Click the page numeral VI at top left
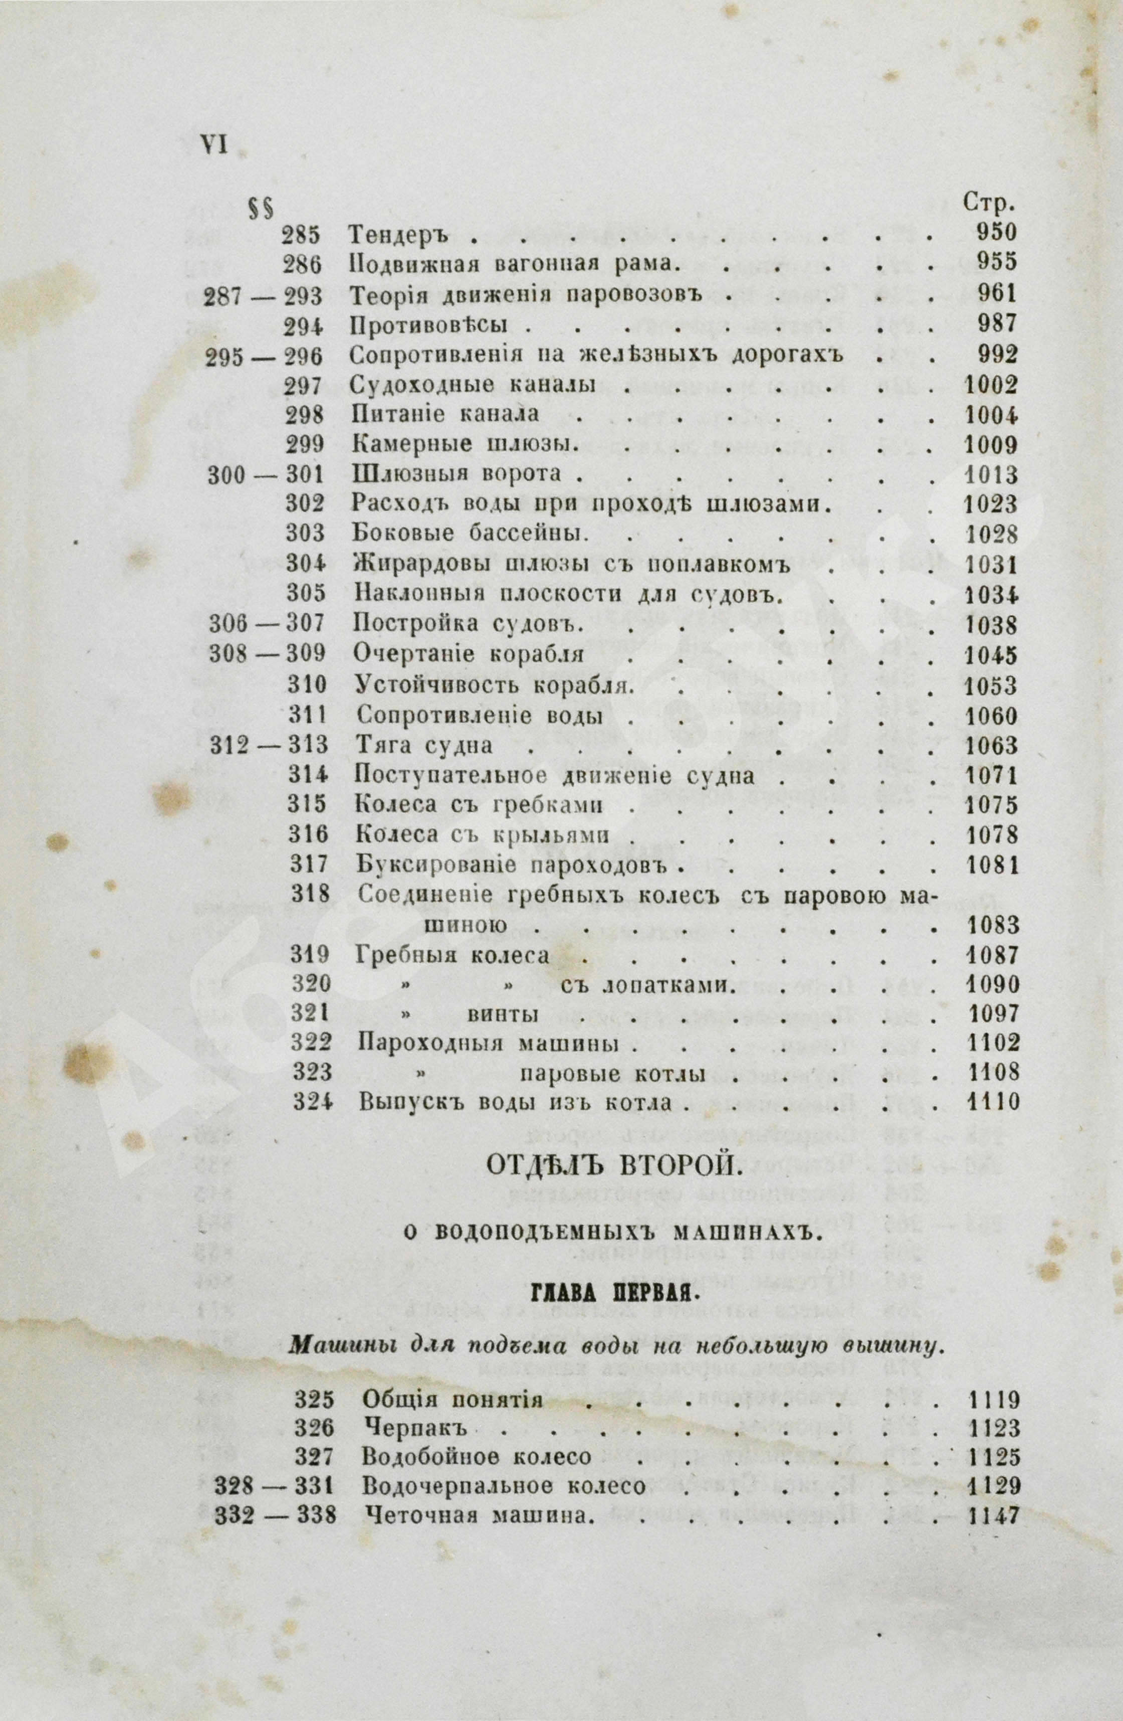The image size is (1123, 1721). [x=213, y=145]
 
